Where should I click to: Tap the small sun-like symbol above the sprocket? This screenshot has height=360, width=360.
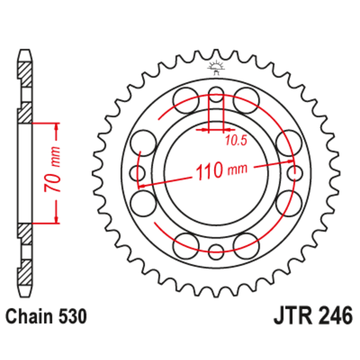(x=215, y=65)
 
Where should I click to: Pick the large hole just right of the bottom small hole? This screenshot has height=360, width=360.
(x=246, y=243)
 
